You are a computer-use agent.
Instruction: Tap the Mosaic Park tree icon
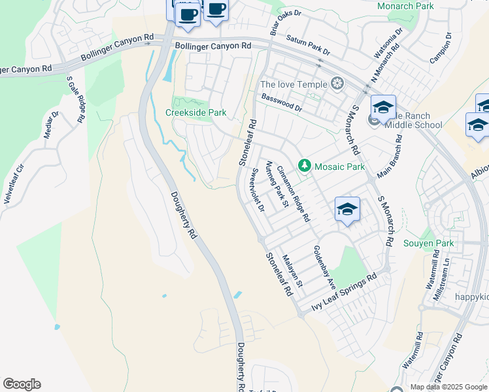coord(304,167)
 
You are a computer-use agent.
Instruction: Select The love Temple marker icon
coord(337,84)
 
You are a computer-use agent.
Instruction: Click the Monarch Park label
coord(405,6)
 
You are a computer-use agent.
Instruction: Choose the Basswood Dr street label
coord(282,102)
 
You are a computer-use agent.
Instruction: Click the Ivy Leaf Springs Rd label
coord(345,291)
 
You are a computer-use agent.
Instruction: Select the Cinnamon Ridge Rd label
coord(292,194)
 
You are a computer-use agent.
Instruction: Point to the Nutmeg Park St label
coord(277,187)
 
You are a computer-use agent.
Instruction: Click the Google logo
coord(22,384)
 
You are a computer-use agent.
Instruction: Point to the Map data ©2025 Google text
coord(448,387)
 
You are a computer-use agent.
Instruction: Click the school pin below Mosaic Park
coord(347,209)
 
